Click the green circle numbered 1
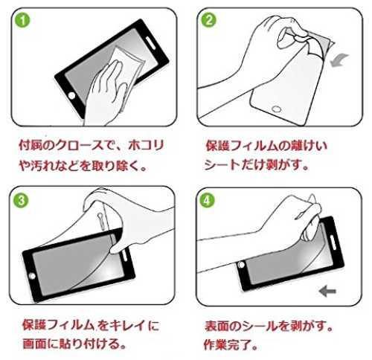(22, 20)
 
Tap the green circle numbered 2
(208, 20)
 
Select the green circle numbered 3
(21, 200)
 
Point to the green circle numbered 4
(207, 201)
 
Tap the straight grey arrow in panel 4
(327, 291)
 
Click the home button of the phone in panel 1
(71, 95)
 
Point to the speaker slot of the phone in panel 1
(150, 43)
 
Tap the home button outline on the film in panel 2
(276, 109)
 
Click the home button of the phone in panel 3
(32, 276)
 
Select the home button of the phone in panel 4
(241, 265)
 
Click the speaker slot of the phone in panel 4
(333, 242)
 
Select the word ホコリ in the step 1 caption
(146, 145)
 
